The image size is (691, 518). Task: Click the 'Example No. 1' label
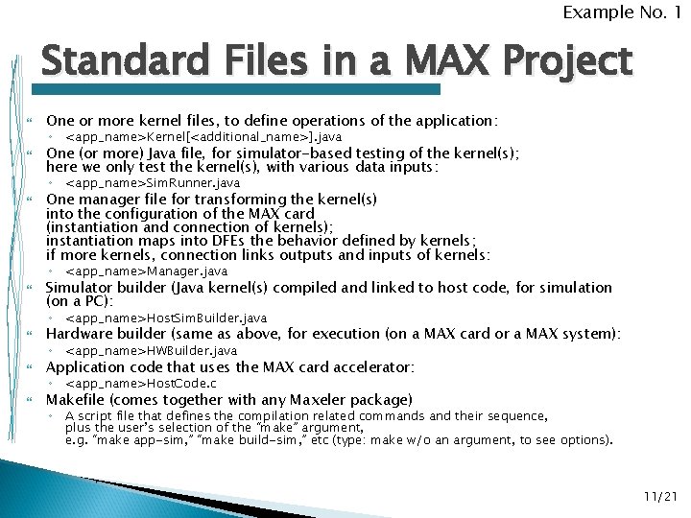(x=622, y=12)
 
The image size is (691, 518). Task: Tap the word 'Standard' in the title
(x=121, y=62)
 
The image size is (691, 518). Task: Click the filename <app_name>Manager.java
(x=146, y=271)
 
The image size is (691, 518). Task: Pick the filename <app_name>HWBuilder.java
(x=151, y=351)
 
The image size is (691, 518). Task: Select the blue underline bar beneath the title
(x=240, y=89)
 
